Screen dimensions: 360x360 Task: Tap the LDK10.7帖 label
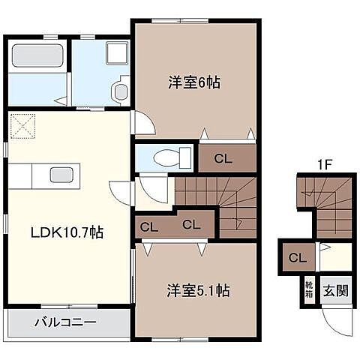tap(65, 232)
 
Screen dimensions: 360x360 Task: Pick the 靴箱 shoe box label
tap(309, 289)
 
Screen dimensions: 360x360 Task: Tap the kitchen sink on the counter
tap(61, 175)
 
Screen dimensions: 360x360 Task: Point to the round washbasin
tap(120, 91)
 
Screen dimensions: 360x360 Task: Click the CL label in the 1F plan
tap(298, 258)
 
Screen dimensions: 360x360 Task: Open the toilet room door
tap(152, 187)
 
